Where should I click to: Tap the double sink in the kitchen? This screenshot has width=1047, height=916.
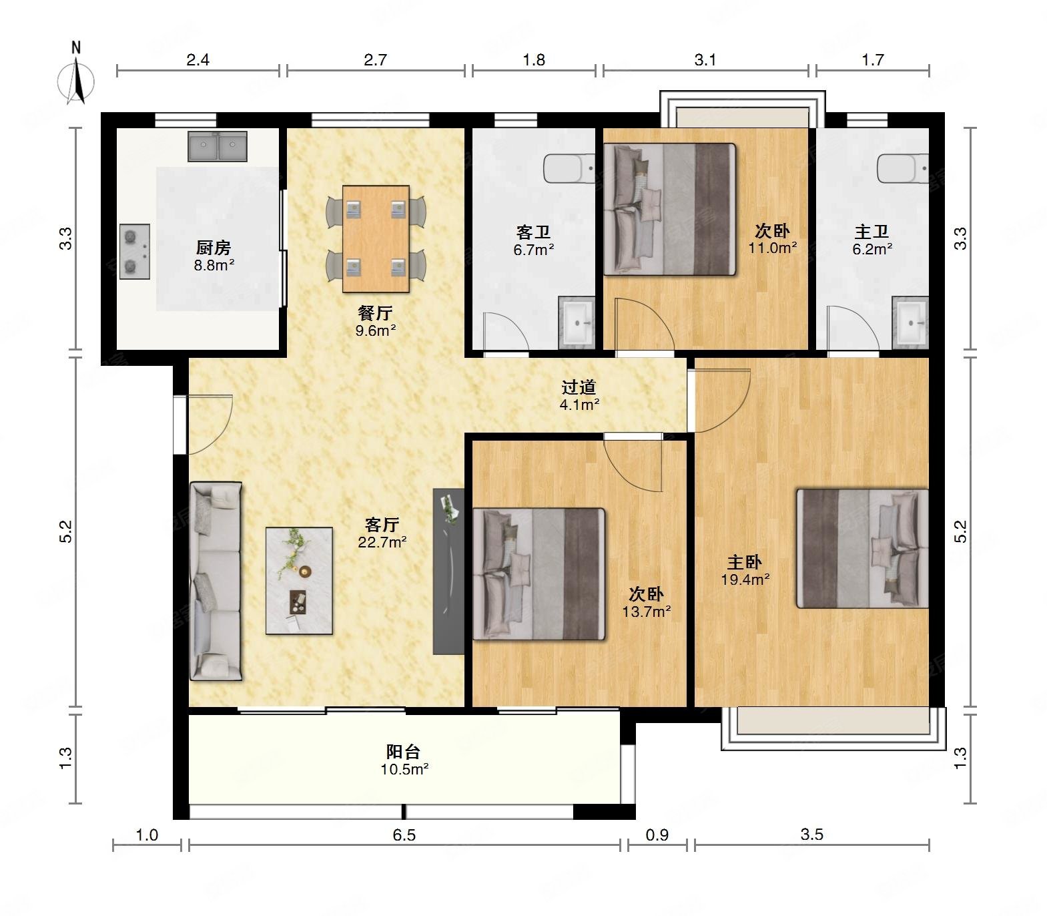pos(218,146)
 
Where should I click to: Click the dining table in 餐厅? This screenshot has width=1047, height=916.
pos(376,239)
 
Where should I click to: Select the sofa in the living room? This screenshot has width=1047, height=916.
pos(216,582)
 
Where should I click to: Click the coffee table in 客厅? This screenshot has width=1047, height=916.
pos(299,581)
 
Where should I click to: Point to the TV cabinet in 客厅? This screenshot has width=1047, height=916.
pos(448,571)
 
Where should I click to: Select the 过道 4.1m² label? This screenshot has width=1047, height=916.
pos(579,395)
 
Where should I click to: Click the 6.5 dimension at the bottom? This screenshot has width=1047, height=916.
pos(404,835)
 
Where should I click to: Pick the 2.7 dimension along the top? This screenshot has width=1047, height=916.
pos(376,60)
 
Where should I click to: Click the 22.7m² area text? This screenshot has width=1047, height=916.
pos(382,542)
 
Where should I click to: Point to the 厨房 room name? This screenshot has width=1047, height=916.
pos(214,248)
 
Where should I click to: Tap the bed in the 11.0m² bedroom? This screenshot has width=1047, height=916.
pos(670,210)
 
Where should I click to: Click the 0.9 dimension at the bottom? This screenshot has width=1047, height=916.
pos(657,835)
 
